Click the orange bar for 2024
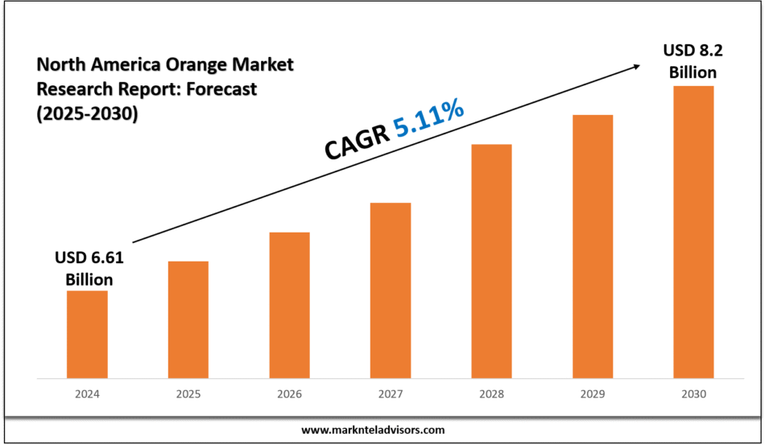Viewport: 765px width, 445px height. click(87, 334)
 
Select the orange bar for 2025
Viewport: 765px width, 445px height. click(188, 319)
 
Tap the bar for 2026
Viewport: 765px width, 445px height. click(289, 305)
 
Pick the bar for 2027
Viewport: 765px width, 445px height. click(391, 290)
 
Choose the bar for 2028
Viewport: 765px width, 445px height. click(491, 261)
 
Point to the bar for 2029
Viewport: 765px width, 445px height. click(593, 246)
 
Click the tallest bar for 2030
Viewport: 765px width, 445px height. click(693, 232)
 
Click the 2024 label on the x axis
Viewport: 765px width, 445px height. click(87, 394)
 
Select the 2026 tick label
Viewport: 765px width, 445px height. click(289, 394)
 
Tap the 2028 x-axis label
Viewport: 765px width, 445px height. click(491, 394)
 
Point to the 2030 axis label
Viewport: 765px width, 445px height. click(693, 394)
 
